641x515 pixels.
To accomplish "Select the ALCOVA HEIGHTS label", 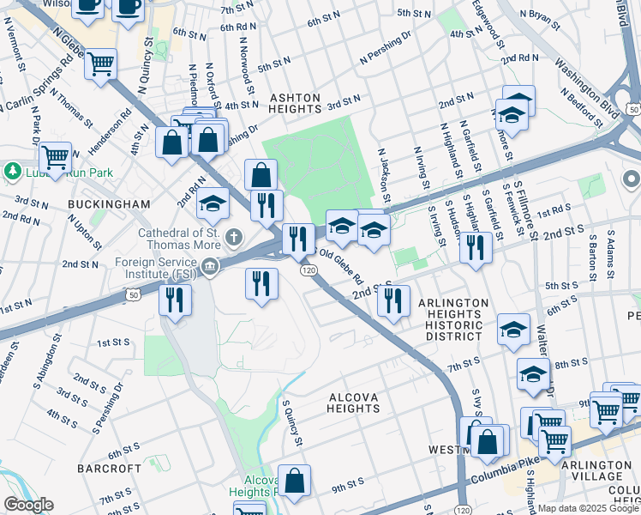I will [353, 403].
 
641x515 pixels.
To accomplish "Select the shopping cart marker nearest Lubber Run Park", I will [55, 158].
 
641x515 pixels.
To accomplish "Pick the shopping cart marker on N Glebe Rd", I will [100, 64].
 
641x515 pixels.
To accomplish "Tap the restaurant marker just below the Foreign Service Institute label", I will [175, 300].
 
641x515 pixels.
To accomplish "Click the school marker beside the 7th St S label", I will [513, 329].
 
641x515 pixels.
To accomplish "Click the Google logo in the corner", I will [27, 505].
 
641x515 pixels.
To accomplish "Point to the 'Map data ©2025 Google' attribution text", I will [586, 508].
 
